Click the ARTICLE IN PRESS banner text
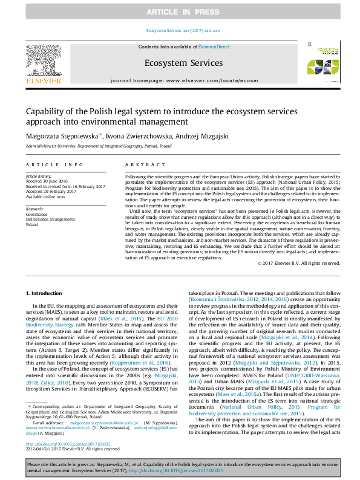[179, 12]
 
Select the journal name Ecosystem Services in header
[183, 63]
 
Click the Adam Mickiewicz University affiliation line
[98, 146]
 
